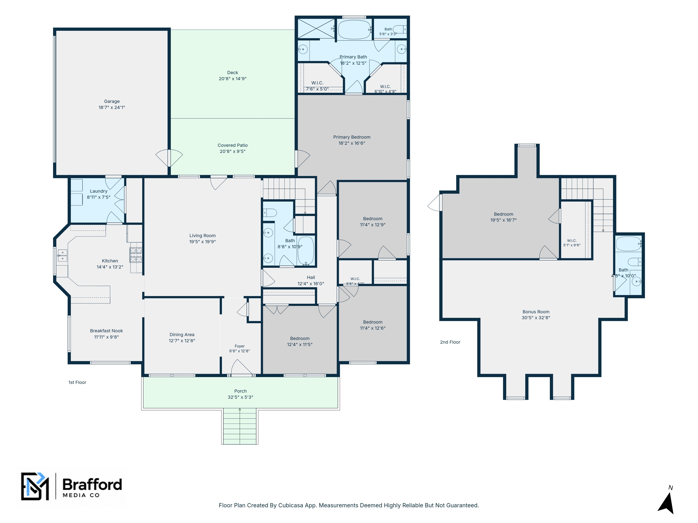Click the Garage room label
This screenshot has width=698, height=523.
pyautogui.click(x=112, y=101)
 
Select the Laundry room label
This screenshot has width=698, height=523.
pyautogui.click(x=99, y=191)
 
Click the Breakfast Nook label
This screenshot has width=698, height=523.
pyautogui.click(x=106, y=331)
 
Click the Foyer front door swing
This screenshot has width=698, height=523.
pyautogui.click(x=242, y=367)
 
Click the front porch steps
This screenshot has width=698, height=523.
pyautogui.click(x=240, y=426)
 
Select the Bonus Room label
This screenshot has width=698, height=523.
pyautogui.click(x=536, y=312)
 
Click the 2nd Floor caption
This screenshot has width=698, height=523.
pyautogui.click(x=450, y=342)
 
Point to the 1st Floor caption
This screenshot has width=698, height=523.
pyautogui.click(x=77, y=382)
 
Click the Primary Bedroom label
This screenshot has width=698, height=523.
pyautogui.click(x=352, y=137)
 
